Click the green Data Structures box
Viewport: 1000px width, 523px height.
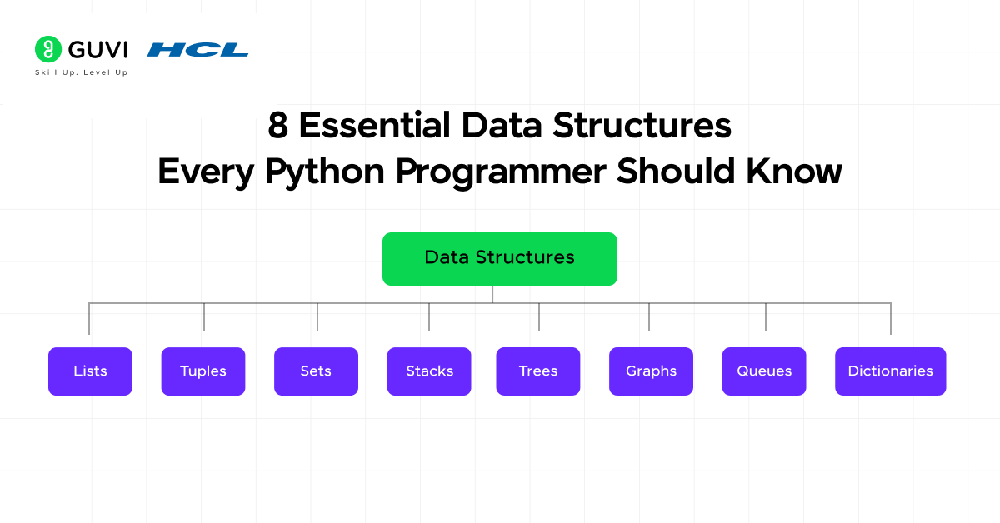pyautogui.click(x=499, y=259)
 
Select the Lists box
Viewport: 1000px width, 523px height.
pyautogui.click(x=90, y=371)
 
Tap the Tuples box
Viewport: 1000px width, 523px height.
pyautogui.click(x=203, y=371)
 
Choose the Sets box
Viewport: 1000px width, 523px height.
pyautogui.click(x=316, y=371)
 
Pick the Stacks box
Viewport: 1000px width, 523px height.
pyautogui.click(x=429, y=371)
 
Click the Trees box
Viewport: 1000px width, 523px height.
pyautogui.click(x=538, y=371)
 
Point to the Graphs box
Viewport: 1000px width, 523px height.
pyautogui.click(x=651, y=371)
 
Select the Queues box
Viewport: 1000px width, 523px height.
pyautogui.click(x=764, y=371)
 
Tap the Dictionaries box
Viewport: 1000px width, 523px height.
pyautogui.click(x=890, y=371)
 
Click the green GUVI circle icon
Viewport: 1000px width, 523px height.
pyautogui.click(x=48, y=49)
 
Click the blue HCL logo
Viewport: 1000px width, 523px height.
pyautogui.click(x=197, y=50)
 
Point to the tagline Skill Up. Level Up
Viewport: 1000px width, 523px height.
pyautogui.click(x=82, y=72)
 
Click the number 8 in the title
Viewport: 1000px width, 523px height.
pyautogui.click(x=277, y=126)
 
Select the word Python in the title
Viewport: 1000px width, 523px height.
pyautogui.click(x=324, y=172)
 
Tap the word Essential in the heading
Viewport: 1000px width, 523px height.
pyautogui.click(x=374, y=126)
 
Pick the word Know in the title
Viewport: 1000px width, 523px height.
pyautogui.click(x=793, y=172)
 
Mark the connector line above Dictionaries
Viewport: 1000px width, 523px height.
pyautogui.click(x=891, y=319)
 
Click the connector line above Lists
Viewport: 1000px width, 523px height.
pyautogui.click(x=89, y=319)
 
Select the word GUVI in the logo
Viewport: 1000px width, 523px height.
pyautogui.click(x=97, y=49)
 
